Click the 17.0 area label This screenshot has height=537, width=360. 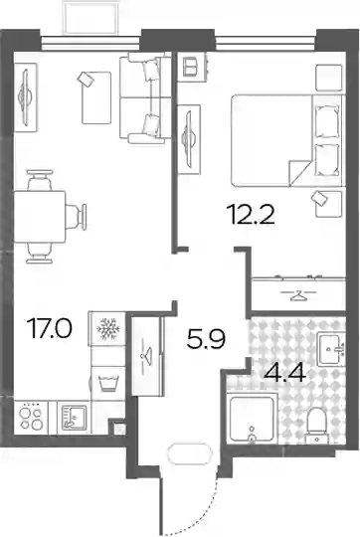pyautogui.click(x=51, y=328)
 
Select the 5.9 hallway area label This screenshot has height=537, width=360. pyautogui.click(x=206, y=339)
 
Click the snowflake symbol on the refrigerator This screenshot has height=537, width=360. pyautogui.click(x=108, y=329)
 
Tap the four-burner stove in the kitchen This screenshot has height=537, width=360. pyautogui.click(x=31, y=418)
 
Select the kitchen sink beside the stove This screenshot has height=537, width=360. pyautogui.click(x=74, y=417)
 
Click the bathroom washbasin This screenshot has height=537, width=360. pyautogui.click(x=330, y=349)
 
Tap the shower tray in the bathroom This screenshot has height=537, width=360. pyautogui.click(x=252, y=418)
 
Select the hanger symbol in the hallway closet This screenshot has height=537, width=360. pyautogui.click(x=146, y=353)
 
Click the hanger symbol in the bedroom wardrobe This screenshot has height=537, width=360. pyautogui.click(x=298, y=295)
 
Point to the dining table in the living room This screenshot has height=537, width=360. pyautogui.click(x=40, y=217)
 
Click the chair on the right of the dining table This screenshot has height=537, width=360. pyautogui.click(x=76, y=217)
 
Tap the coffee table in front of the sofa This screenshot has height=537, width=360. pyautogui.click(x=96, y=97)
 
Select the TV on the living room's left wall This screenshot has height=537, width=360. pyautogui.click(x=25, y=97)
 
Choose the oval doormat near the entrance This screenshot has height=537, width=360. pyautogui.click(x=188, y=453)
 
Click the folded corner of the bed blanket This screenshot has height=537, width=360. pyautogui.click(x=299, y=173)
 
